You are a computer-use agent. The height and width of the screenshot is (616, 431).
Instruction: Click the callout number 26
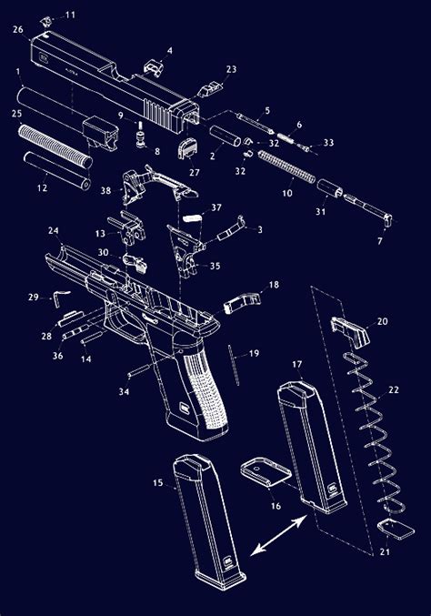point(17,29)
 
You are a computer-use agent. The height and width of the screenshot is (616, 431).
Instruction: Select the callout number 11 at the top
point(70,15)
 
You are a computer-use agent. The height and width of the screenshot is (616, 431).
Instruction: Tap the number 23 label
point(231,69)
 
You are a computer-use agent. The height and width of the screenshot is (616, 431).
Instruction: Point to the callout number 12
point(42,187)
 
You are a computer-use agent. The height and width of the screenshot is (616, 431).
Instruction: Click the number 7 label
point(379,241)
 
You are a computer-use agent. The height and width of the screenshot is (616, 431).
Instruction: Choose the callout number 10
point(287,193)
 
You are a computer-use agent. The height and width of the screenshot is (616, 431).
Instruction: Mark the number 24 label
point(54,230)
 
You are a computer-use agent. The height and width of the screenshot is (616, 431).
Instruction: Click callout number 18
point(273,285)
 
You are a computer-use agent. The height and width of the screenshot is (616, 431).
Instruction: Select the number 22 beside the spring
point(393,389)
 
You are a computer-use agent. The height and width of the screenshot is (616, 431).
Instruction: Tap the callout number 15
point(157,483)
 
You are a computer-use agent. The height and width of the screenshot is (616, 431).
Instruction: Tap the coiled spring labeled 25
point(55,146)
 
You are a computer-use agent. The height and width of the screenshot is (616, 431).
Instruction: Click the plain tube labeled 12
point(56,171)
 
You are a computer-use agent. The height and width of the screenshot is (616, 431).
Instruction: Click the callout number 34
point(122,391)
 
